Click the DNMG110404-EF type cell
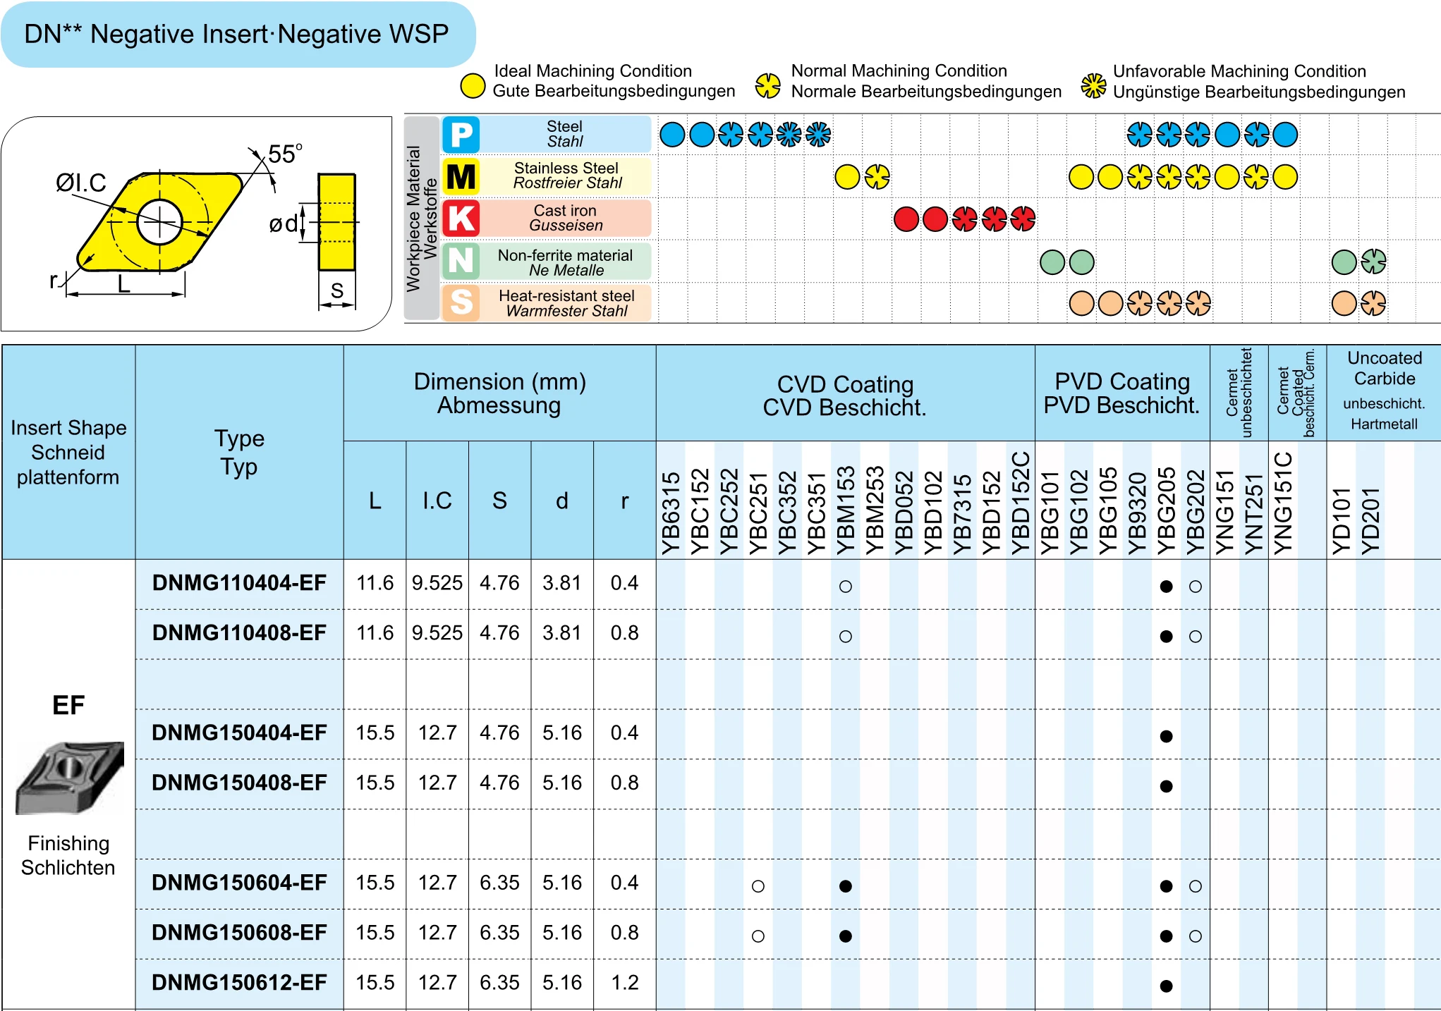[239, 584]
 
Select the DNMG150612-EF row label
[239, 983]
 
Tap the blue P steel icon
[461, 135]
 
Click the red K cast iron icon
[461, 219]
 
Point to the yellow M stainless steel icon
[461, 176]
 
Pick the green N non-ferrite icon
[461, 261]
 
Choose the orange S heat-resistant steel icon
[461, 302]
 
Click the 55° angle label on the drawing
[285, 154]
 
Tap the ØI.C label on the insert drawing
[80, 183]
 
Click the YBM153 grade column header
[846, 510]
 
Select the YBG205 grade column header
[1167, 510]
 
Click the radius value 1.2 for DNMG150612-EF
[624, 983]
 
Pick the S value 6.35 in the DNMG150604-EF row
[499, 883]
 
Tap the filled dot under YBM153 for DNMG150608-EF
[846, 936]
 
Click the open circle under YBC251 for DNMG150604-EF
[758, 886]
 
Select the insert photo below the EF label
[70, 777]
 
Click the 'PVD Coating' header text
[1122, 381]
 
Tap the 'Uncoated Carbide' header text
[1385, 368]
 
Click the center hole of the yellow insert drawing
[159, 222]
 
